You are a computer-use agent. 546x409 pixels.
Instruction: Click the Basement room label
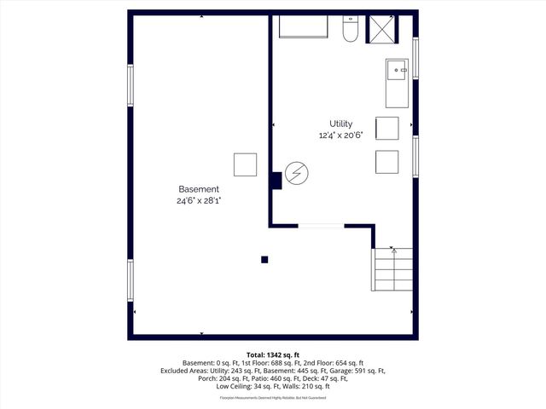coord(198,189)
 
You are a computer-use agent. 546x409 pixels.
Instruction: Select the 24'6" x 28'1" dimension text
coord(198,201)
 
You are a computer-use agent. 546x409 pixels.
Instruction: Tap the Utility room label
coord(340,124)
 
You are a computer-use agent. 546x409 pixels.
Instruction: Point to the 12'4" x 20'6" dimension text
coord(340,135)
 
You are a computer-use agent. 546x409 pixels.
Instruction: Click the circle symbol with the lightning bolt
coord(296,175)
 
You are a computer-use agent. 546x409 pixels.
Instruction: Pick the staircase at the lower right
coord(392,270)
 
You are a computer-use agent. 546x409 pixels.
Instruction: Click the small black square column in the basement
coord(264,260)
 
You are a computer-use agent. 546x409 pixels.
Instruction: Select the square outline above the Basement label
coord(245,164)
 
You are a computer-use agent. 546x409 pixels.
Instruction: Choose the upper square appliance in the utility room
coord(386,128)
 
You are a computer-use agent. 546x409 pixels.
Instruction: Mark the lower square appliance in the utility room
coord(386,161)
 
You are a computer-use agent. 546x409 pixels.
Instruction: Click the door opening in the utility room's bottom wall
coord(321,226)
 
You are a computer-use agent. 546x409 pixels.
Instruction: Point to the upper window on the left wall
coord(131,87)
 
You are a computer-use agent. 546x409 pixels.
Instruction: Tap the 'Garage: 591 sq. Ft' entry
coord(357,371)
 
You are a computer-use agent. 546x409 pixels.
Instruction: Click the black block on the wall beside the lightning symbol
coord(276,181)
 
